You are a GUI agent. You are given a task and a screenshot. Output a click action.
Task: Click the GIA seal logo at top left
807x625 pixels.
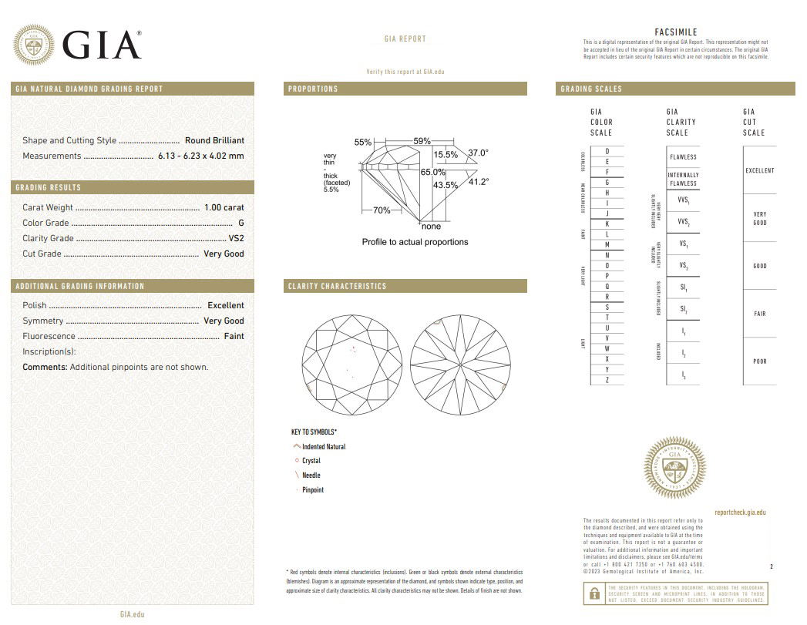[33, 45]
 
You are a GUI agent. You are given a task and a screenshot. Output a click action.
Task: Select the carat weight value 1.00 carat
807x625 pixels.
[224, 207]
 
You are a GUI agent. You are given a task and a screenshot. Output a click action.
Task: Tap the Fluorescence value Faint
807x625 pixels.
[234, 336]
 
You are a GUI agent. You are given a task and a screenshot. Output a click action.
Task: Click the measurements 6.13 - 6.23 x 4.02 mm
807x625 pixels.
[200, 156]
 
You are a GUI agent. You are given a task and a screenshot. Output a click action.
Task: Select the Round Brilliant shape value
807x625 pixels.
[214, 140]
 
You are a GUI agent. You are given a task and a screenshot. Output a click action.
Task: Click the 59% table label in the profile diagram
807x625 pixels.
[422, 142]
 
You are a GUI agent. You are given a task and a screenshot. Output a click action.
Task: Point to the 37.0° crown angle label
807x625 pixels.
[478, 153]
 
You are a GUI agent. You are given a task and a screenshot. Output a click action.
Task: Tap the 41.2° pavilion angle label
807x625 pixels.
[479, 182]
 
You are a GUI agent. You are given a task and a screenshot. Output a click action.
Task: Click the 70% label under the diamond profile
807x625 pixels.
[382, 210]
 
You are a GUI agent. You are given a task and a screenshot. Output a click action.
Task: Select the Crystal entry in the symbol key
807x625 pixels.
[311, 461]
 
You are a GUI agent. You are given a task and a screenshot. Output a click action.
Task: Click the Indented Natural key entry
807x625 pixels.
[323, 447]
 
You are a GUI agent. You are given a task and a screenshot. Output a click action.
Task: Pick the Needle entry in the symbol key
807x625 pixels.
[311, 475]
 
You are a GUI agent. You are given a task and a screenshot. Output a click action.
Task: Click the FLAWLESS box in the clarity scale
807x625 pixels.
[683, 157]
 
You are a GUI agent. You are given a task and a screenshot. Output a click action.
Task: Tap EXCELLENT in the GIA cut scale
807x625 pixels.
[759, 170]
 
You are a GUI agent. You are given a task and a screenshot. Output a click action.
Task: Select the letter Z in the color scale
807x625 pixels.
[607, 380]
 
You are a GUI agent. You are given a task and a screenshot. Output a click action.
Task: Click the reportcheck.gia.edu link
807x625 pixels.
[740, 512]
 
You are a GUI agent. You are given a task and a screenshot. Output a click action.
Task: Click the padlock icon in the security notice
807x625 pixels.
[594, 593]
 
